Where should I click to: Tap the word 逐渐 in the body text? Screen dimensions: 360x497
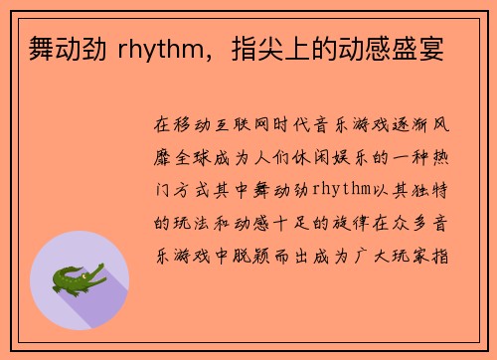click(405, 127)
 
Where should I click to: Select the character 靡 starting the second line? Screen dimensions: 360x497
click(163, 159)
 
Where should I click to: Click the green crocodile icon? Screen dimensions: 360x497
click(80, 279)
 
